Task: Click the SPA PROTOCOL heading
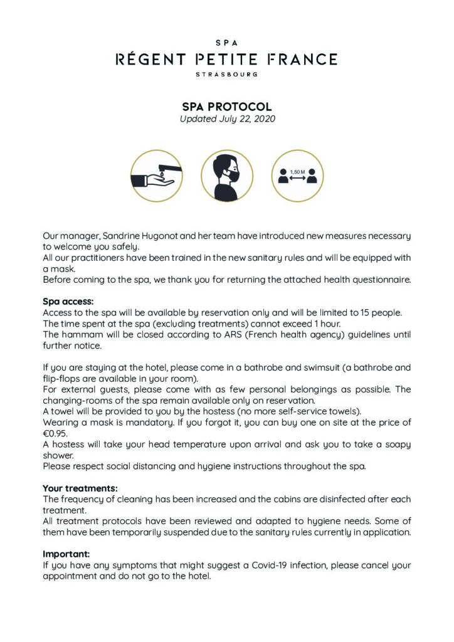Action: click(227, 107)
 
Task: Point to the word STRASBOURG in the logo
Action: click(226, 74)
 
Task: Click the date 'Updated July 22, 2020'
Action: click(227, 118)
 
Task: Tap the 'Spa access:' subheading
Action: click(68, 302)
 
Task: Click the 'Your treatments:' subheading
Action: click(80, 488)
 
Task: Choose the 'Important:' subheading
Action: click(66, 554)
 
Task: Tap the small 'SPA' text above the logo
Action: click(226, 42)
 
